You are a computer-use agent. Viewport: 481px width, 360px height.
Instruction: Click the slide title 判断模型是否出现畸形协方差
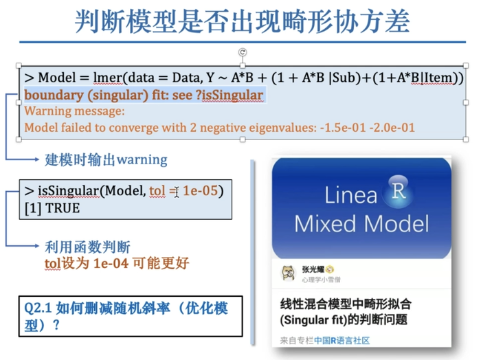[243, 21]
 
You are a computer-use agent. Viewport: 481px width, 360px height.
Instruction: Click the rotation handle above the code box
[243, 52]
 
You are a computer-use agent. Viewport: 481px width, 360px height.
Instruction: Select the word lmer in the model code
[108, 78]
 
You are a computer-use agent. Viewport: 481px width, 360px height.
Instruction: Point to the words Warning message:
[74, 111]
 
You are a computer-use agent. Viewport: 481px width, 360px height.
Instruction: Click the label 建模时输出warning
[106, 160]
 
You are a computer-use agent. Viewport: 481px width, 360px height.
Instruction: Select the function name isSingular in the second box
[69, 191]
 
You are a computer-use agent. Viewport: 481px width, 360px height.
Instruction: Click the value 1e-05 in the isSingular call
[200, 191]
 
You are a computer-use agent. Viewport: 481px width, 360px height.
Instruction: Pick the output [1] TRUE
[52, 208]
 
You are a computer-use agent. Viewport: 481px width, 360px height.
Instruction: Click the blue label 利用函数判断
[87, 247]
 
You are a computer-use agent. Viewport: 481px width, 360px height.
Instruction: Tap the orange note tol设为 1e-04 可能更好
[117, 263]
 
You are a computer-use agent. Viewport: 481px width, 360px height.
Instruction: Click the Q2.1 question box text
[126, 317]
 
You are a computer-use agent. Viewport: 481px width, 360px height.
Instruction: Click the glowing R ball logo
[398, 192]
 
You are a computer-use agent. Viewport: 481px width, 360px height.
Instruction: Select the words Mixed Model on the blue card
[361, 224]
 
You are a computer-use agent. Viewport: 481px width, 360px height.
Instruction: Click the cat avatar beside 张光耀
[289, 273]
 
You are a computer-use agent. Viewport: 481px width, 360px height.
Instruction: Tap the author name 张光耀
[313, 269]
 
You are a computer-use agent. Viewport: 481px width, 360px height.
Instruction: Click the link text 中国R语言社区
[342, 340]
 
